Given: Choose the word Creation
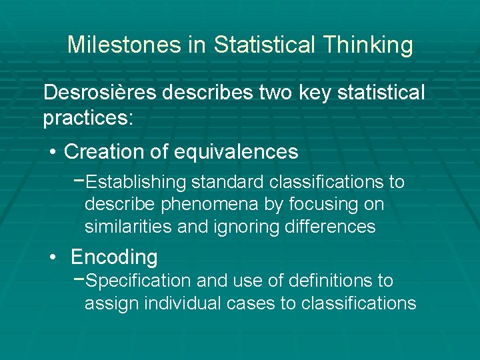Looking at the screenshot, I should pos(104,152).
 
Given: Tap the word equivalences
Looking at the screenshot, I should pos(236,152).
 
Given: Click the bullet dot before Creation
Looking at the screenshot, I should pos(52,153).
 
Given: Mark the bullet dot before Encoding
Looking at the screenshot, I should pos(52,257).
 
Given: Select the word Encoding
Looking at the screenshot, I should pos(114,257).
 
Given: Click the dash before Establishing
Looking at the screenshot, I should pos(79,181).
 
